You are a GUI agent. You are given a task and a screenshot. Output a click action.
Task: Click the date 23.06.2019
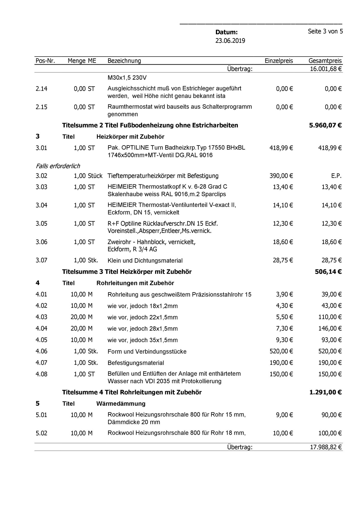tap(230, 41)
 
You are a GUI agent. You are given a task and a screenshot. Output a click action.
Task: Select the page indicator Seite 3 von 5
tap(325, 31)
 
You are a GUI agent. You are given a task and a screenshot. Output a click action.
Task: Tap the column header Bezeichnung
tap(124, 61)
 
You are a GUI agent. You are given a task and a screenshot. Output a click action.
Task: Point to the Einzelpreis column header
tap(279, 61)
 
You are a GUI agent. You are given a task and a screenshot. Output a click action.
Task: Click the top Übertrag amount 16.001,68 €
tap(326, 69)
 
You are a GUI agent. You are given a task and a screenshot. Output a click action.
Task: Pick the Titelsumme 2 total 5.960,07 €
tap(325, 125)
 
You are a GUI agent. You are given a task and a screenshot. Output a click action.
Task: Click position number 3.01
tap(41, 148)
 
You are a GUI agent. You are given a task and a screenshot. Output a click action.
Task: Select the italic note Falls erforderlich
tap(58, 166)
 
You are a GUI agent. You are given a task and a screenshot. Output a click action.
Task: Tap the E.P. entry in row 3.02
tap(336, 176)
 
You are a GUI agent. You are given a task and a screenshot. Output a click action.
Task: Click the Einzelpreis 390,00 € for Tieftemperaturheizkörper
tap(281, 176)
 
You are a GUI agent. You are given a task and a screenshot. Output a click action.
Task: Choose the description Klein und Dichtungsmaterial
tap(145, 261)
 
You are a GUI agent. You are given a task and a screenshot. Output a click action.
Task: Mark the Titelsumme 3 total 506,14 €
tap(328, 272)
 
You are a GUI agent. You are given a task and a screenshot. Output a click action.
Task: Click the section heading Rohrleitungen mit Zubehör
tap(135, 283)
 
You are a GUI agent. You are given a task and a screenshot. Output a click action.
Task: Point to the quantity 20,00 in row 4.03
tap(78, 317)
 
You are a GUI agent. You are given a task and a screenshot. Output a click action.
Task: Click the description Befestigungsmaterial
tap(136, 363)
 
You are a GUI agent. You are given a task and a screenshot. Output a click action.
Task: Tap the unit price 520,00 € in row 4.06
tap(281, 351)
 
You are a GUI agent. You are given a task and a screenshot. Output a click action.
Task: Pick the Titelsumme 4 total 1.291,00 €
tap(325, 392)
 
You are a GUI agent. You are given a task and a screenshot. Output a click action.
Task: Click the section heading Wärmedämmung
tap(121, 404)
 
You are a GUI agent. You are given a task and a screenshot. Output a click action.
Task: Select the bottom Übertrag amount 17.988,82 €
tap(326, 447)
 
